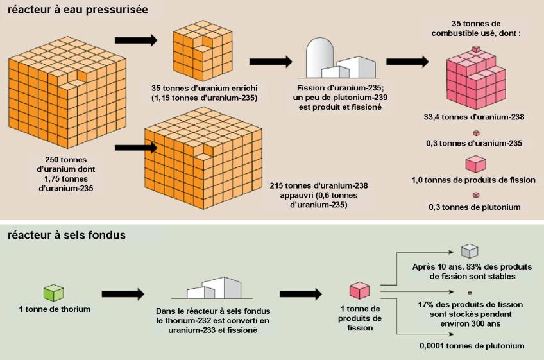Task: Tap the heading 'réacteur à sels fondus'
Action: pyautogui.click(x=67, y=235)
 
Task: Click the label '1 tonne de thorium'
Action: pyautogui.click(x=55, y=309)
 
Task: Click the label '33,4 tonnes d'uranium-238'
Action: pyautogui.click(x=474, y=117)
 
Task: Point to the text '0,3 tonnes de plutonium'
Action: pyautogui.click(x=474, y=207)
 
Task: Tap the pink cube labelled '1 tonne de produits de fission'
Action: pyautogui.click(x=359, y=291)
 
